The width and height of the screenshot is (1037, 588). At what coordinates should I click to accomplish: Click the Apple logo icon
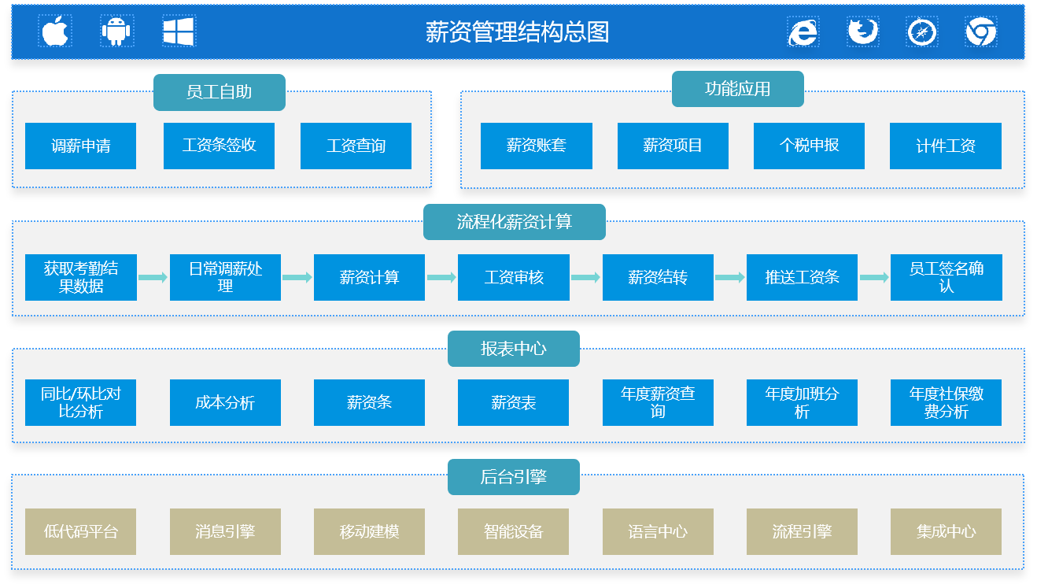click(x=55, y=31)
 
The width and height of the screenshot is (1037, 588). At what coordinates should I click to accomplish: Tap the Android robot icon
click(x=116, y=31)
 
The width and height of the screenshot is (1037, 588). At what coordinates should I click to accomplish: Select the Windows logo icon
click(x=179, y=31)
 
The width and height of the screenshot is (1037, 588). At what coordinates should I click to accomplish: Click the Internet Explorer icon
click(x=803, y=32)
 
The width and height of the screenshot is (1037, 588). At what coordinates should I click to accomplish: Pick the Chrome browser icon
click(x=980, y=31)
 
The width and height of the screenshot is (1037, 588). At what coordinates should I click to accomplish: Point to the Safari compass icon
click(x=921, y=32)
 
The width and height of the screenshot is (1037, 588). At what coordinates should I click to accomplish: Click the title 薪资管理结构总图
click(x=517, y=32)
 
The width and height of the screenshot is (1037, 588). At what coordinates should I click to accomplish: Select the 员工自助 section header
click(x=219, y=92)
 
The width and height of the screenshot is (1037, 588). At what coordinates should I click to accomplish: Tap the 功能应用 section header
click(x=737, y=89)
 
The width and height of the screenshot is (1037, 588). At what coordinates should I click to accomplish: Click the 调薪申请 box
click(x=80, y=146)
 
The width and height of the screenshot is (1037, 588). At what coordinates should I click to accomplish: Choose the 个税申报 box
click(x=809, y=146)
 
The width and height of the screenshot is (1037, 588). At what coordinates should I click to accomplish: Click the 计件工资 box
click(x=945, y=146)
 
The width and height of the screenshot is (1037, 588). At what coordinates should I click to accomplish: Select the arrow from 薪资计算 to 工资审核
click(x=441, y=277)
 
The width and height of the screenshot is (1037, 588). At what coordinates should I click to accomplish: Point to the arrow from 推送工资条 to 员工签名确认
click(x=874, y=277)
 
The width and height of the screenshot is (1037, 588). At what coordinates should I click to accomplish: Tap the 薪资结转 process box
click(x=658, y=277)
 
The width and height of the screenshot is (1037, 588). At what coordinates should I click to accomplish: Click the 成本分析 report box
click(x=225, y=402)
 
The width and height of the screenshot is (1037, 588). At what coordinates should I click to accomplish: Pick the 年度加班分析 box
click(x=802, y=402)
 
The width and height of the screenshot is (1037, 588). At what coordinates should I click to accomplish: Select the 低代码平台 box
click(x=80, y=531)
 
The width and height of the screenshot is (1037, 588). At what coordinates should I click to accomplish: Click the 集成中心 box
click(x=946, y=531)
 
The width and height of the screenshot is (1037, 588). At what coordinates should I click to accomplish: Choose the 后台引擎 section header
click(x=514, y=477)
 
